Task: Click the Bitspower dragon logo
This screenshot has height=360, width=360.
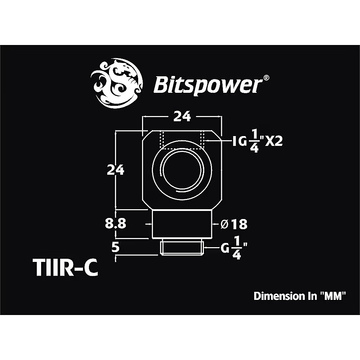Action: pos(117,83)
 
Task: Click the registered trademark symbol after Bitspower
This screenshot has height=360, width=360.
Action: pos(266,78)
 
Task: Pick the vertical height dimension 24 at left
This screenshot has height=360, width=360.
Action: pos(115,170)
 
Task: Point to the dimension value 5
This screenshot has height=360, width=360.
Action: pos(115,247)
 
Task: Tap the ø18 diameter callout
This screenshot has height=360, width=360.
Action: pos(234,224)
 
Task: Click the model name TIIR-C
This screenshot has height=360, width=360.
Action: pos(65,268)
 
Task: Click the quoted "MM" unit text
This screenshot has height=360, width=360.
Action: pos(333,296)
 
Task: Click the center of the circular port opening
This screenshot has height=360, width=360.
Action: pos(182,170)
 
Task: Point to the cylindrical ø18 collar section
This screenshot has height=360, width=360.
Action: pos(182,224)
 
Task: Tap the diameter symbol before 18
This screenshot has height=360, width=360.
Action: pos(224,224)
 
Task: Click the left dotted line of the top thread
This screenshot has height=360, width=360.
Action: pos(163,140)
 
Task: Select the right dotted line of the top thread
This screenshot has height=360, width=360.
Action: pos(202,140)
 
